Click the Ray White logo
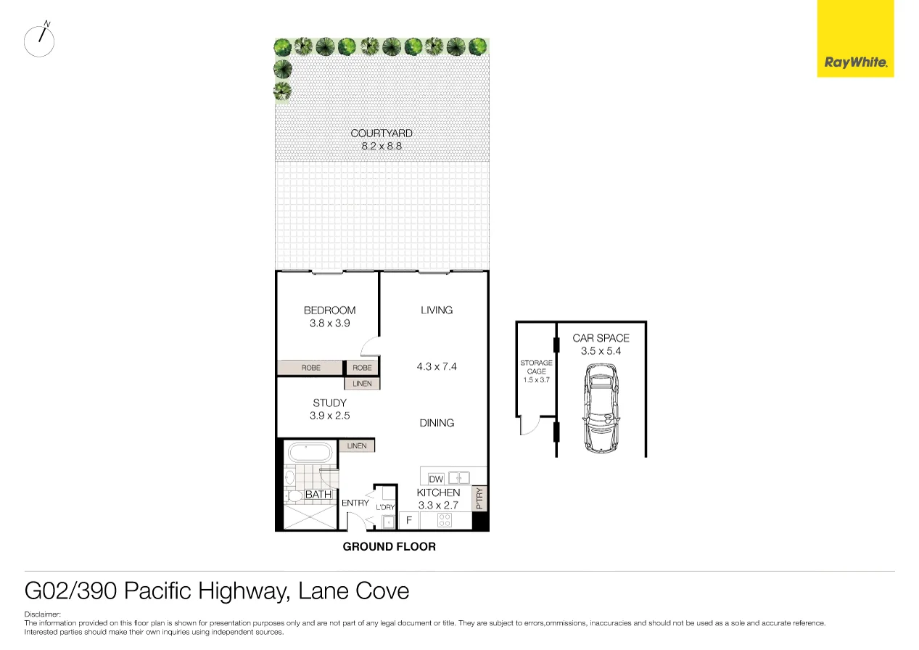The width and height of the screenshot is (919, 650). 855,62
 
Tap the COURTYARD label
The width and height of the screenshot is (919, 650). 382,133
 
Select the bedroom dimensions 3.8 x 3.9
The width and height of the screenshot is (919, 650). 329,324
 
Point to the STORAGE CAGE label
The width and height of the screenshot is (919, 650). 536,367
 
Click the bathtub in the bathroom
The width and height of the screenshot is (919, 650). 310,454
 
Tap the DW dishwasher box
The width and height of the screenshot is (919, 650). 436,479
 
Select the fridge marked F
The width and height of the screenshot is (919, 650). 408,521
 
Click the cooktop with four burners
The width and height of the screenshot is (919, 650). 444,521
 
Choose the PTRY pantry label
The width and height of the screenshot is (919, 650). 479,498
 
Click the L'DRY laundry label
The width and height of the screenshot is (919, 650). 385,507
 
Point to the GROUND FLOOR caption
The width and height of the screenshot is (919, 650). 389,547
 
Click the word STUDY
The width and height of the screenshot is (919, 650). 329,403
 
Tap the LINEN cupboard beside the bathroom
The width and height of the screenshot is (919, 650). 356,446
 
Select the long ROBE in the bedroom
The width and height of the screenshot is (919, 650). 310,368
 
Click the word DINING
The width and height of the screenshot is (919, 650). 437,423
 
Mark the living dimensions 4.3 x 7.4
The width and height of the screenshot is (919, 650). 437,366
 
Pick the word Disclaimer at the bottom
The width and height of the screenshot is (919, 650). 42,614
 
